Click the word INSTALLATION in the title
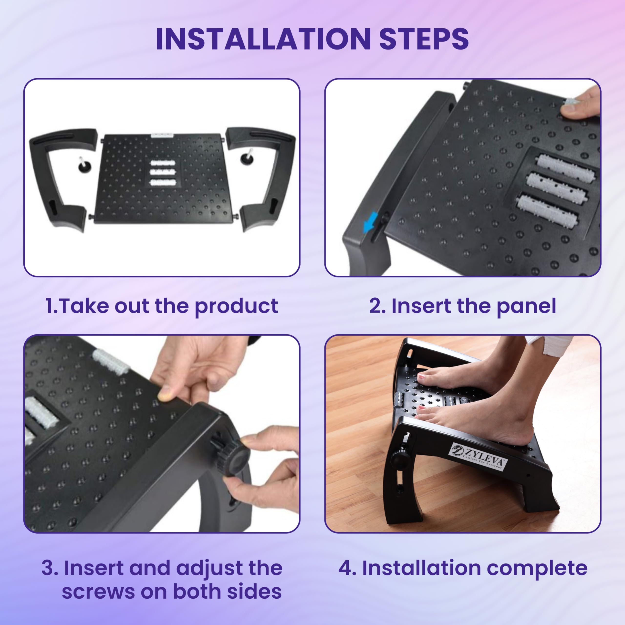263,39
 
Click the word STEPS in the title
424,39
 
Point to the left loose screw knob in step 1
85,164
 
